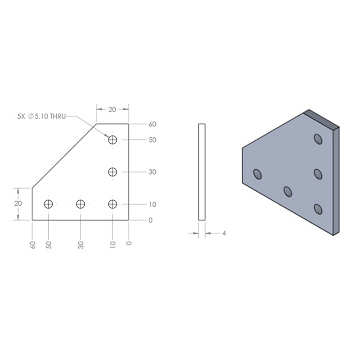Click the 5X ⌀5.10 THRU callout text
[x=41, y=116]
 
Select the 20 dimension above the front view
[x=112, y=110]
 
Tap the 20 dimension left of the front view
[x=18, y=203]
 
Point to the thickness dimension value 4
[x=224, y=234]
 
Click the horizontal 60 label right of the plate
[x=153, y=124]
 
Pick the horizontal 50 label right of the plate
[x=153, y=140]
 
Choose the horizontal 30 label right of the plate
[x=153, y=172]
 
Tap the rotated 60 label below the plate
[x=32, y=245]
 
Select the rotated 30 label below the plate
[x=81, y=245]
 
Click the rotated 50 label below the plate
[x=49, y=245]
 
